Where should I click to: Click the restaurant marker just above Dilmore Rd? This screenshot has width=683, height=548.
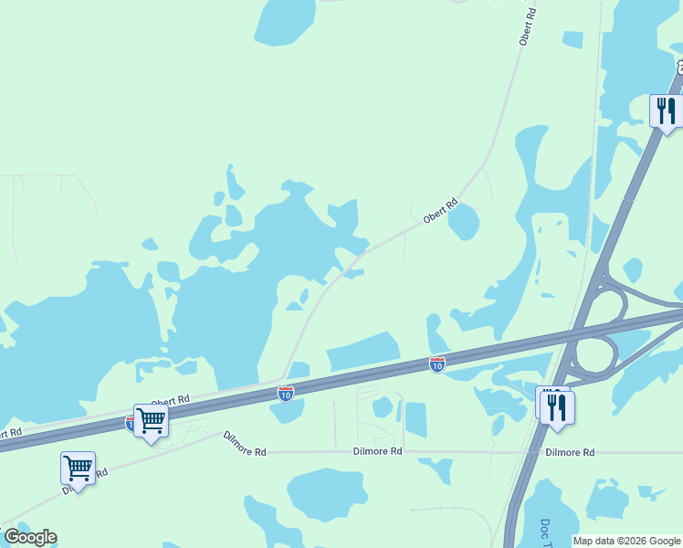557,407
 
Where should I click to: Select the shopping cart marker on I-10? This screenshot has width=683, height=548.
151,421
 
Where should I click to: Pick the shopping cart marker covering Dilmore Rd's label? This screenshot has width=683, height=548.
78,469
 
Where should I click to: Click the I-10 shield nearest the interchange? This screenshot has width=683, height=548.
437,364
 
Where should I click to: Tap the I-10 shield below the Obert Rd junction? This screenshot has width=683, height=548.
286,394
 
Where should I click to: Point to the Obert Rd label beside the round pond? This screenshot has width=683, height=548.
439,213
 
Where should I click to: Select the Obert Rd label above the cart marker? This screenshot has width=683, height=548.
170,401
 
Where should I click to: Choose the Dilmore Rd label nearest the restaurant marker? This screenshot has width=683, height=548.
570,452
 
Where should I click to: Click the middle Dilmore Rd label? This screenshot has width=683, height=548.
378,451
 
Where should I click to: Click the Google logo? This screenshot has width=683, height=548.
30,537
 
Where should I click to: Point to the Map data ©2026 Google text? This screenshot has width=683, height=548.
626,541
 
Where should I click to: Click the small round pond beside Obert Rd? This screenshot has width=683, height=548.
464,221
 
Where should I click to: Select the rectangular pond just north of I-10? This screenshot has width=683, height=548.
364,350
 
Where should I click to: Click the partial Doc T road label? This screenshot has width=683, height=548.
545,534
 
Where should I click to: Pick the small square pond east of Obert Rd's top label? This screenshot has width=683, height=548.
573,39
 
